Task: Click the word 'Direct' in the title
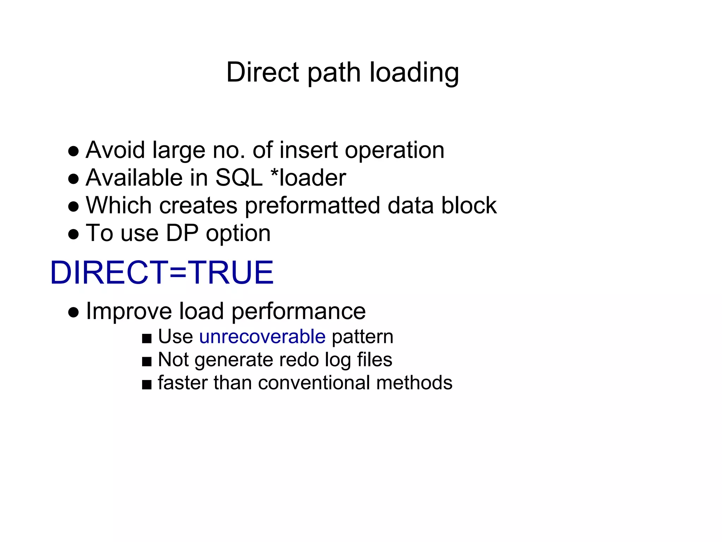coord(263,72)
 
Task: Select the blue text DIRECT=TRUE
coord(162,272)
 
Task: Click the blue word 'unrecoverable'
coord(262,336)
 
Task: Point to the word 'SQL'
coord(239,177)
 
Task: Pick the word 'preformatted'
coord(312,205)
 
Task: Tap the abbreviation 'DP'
coord(182,233)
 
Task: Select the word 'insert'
coord(308,150)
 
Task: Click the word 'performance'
coord(299,311)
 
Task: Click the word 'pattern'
coord(362,337)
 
